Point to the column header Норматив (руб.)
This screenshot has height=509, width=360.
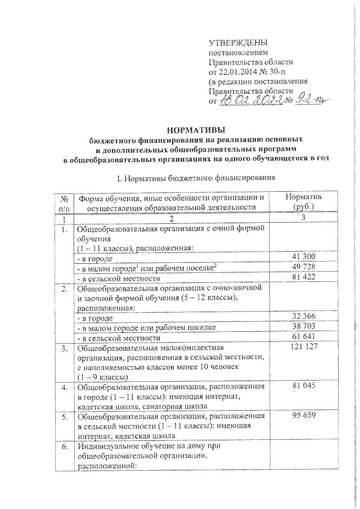pos(303,202)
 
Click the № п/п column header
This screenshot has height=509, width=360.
pos(66,202)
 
